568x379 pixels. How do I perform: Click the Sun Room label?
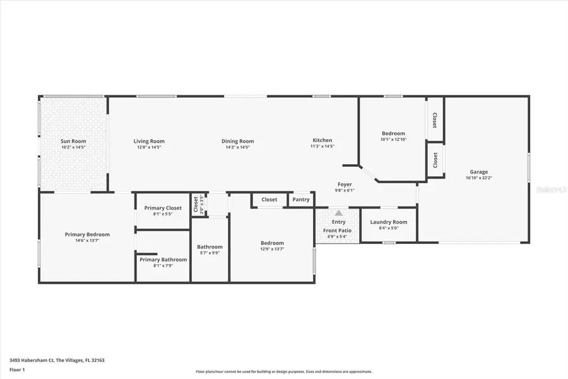tap(73, 141)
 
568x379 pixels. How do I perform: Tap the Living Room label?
tap(148, 141)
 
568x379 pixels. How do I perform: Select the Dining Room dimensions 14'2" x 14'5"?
tap(237, 147)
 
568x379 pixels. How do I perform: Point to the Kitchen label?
tap(322, 140)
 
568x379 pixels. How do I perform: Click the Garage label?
tap(478, 172)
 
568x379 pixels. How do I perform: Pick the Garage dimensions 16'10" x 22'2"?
tap(478, 178)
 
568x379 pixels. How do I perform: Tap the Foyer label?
tap(345, 184)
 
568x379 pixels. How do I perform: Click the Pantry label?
tap(301, 200)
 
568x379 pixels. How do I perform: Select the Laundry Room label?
tap(389, 222)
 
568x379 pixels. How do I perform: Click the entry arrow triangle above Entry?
tap(339, 214)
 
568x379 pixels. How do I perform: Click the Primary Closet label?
tap(163, 208)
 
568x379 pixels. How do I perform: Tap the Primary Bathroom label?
tap(163, 260)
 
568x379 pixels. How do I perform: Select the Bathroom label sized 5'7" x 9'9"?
tap(210, 247)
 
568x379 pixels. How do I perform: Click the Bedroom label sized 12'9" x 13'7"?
tap(272, 243)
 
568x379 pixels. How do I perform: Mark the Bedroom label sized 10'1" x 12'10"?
tap(393, 133)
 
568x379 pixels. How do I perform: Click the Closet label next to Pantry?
tap(269, 200)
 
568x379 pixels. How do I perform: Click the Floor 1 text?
tap(17, 369)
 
